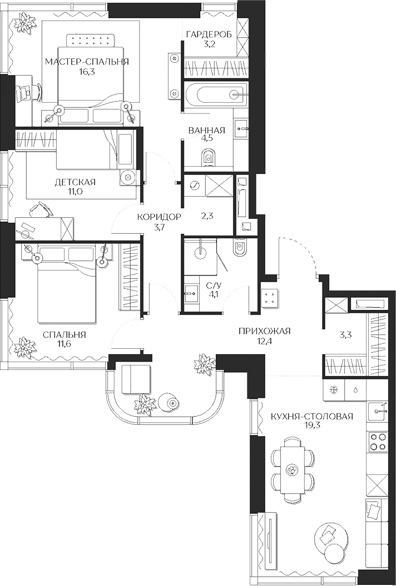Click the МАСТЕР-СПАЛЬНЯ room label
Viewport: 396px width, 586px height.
pyautogui.click(x=87, y=62)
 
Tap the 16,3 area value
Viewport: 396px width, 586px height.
pyautogui.click(x=87, y=72)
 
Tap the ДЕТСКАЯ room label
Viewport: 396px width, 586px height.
pyautogui.click(x=75, y=182)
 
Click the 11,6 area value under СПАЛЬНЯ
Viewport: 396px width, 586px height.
pyautogui.click(x=64, y=344)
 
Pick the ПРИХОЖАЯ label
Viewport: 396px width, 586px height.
pyautogui.click(x=265, y=332)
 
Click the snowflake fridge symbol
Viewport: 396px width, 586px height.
pyautogui.click(x=334, y=390)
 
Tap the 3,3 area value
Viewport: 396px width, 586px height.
pyautogui.click(x=346, y=335)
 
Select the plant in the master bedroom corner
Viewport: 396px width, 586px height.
pyautogui.click(x=25, y=22)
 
